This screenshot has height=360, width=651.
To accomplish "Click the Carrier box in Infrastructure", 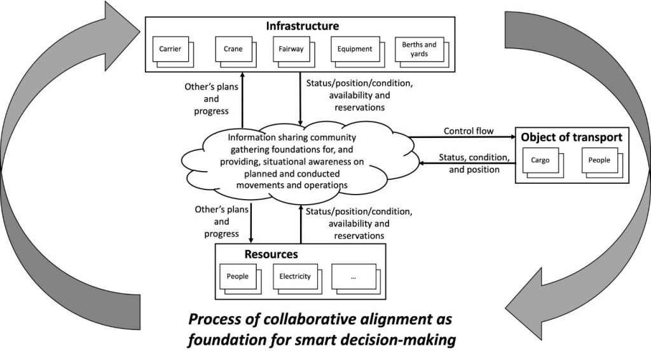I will pyautogui.click(x=170, y=49).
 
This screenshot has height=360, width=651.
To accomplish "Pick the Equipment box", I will pyautogui.click(x=355, y=49).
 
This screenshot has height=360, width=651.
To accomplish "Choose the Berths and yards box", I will pyautogui.click(x=419, y=49).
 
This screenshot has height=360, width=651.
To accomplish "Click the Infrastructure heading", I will pyautogui.click(x=302, y=26).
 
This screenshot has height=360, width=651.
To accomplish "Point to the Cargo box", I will pyautogui.click(x=540, y=160).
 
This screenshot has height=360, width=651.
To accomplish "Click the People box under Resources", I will pyautogui.click(x=237, y=276).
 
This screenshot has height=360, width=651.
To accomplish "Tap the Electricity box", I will pyautogui.click(x=295, y=276).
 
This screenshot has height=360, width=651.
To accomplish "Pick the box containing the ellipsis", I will pyautogui.click(x=353, y=276).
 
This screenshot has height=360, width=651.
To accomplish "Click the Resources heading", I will pyautogui.click(x=271, y=254).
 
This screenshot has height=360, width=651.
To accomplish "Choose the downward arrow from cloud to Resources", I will pyautogui.click(x=252, y=219).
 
